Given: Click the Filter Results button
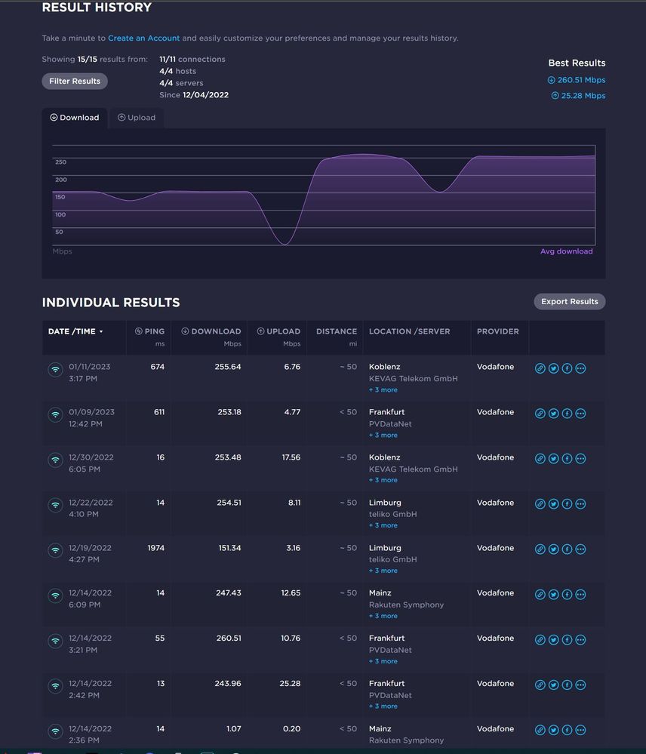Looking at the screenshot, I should click(75, 82).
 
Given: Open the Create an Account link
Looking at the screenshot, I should click(143, 38).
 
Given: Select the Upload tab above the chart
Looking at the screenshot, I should click(137, 118).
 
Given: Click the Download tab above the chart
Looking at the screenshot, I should click(75, 118).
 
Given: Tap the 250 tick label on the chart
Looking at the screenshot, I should click(60, 162).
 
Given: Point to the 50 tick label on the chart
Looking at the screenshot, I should click(59, 232).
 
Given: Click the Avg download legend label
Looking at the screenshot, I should click(566, 251).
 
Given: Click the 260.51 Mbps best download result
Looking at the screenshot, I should click(577, 80).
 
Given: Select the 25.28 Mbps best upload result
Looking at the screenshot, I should click(579, 96).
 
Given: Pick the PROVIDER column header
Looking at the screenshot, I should click(497, 331).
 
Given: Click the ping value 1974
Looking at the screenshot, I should click(156, 548).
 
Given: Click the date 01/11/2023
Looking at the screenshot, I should click(89, 367).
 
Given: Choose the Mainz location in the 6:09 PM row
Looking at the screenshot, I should click(380, 593).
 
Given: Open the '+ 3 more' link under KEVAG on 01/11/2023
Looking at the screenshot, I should click(383, 390).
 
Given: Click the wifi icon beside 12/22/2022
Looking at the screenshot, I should click(55, 505).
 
